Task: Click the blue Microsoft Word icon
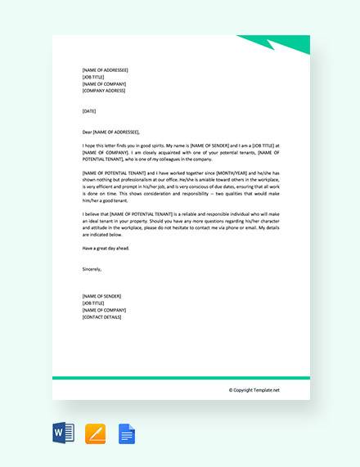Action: click(62, 433)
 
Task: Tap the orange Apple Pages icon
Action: click(96, 433)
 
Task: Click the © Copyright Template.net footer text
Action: click(254, 390)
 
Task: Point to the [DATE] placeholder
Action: click(90, 110)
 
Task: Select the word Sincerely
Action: click(94, 267)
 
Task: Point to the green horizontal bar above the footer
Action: click(181, 378)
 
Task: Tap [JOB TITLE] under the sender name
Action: click(95, 302)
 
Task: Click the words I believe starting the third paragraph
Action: click(90, 213)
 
